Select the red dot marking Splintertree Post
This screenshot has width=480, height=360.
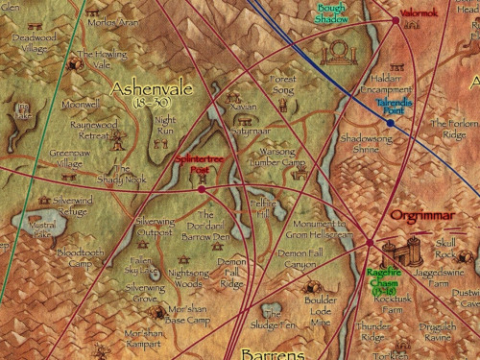point(202,189)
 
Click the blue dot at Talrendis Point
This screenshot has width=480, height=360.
point(391,123)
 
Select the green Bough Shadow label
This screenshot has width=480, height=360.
point(333,13)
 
